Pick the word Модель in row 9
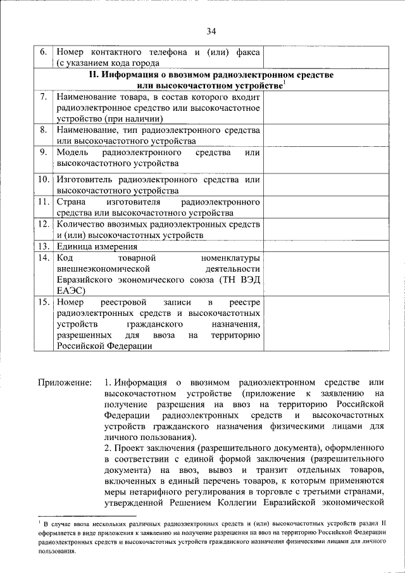[72, 153]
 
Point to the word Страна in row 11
[71, 202]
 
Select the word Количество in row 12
[81, 224]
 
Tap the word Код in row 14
[65, 258]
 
